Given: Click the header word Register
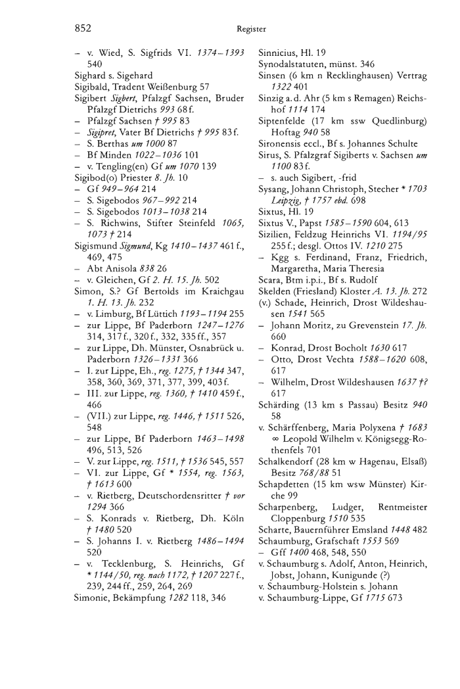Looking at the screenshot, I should pyautogui.click(x=252, y=29).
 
